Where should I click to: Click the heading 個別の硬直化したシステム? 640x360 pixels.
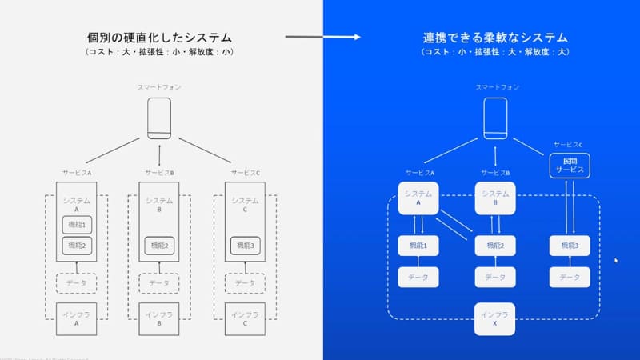click(x=160, y=37)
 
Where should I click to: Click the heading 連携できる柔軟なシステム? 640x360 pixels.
click(x=495, y=37)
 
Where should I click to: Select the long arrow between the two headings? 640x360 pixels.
click(x=322, y=37)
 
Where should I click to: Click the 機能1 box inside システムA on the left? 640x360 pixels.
click(x=77, y=225)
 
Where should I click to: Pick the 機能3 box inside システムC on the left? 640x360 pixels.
click(x=244, y=245)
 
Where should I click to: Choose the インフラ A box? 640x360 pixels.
click(x=77, y=318)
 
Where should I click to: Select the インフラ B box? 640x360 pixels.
click(x=160, y=318)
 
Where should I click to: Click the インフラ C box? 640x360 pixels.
click(x=244, y=318)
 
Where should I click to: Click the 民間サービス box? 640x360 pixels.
click(x=570, y=166)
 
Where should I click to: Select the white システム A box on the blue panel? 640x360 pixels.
click(x=418, y=198)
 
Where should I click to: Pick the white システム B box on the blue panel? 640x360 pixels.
click(x=495, y=198)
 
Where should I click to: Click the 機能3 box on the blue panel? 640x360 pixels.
click(x=570, y=246)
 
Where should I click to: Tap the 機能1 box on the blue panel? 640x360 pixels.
click(x=418, y=246)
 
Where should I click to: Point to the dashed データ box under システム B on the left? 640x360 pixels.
click(x=160, y=283)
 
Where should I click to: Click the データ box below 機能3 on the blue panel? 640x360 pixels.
click(x=570, y=277)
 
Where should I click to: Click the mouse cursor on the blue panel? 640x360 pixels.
click(x=615, y=260)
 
